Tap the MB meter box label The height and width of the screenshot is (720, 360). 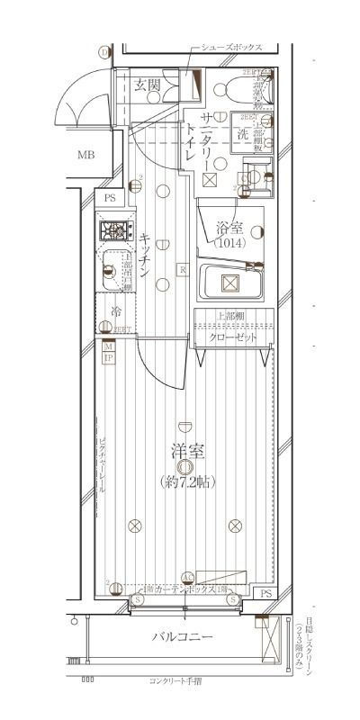coord(85,155)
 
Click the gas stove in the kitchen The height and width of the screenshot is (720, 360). coord(114,232)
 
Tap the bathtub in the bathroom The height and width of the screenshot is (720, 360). coord(229,284)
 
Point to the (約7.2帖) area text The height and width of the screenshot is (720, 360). coord(184,481)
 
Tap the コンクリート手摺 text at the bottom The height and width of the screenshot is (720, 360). coord(179,681)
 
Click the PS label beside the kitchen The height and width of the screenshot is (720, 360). coord(110,197)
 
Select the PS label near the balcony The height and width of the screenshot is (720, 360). coord(265,594)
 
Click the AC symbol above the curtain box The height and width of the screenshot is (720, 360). coord(187,578)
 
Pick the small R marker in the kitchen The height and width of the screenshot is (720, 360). coord(182,268)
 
